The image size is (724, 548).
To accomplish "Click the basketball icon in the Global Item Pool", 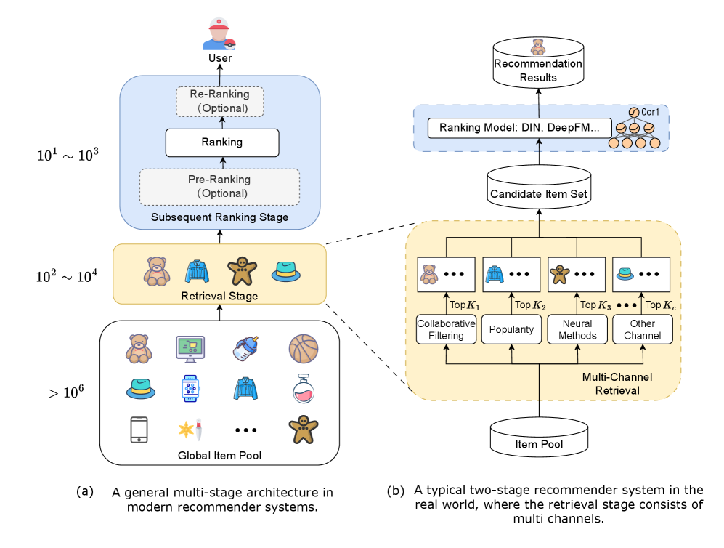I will pyautogui.click(x=303, y=349).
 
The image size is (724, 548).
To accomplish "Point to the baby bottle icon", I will pyautogui.click(x=247, y=348).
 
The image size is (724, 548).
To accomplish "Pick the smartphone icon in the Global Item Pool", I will pyautogui.click(x=139, y=429).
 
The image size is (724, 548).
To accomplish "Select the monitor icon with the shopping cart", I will pyautogui.click(x=191, y=349).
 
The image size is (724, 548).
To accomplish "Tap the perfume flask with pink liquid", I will pyautogui.click(x=303, y=389).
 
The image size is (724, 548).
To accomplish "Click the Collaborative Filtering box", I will pyautogui.click(x=445, y=329).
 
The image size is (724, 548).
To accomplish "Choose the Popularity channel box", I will pyautogui.click(x=512, y=329).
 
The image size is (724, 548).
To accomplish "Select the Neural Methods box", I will pyautogui.click(x=578, y=329).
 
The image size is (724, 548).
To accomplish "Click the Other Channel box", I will pyautogui.click(x=643, y=329).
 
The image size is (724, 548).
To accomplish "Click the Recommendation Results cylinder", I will pyautogui.click(x=538, y=64).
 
